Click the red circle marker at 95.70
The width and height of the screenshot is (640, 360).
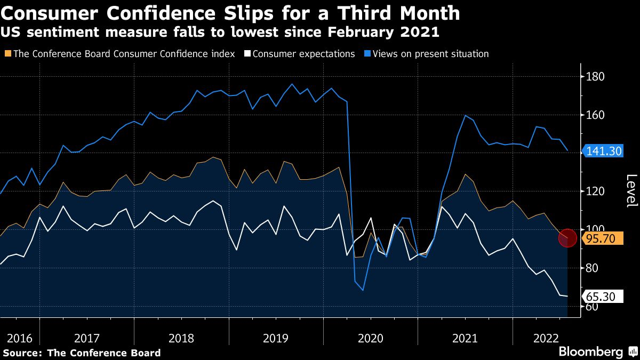pos(567,238)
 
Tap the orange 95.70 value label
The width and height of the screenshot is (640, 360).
pos(604,238)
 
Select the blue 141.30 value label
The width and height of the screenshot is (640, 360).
pos(604,151)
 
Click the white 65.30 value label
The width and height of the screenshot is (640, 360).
pos(604,297)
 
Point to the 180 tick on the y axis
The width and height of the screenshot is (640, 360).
pos(595,77)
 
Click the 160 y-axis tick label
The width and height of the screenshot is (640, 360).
pos(595,115)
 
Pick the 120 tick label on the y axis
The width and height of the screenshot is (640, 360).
pos(595,191)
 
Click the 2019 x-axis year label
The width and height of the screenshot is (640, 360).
pos(276,338)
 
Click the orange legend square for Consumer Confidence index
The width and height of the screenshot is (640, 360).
pos(7,54)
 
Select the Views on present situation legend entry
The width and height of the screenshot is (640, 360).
pos(430,54)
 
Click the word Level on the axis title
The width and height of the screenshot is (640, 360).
pos(631,191)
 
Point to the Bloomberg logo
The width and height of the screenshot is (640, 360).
pos(590,351)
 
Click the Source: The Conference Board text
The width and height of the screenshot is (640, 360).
pos(81,353)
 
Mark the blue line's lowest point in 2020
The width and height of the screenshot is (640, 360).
pos(363,290)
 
